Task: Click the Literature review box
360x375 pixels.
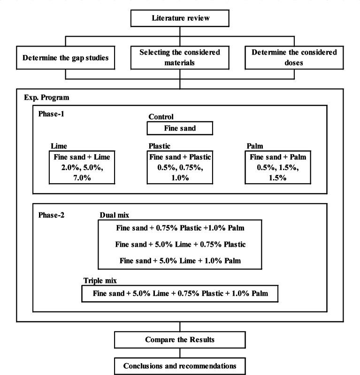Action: click(180, 19)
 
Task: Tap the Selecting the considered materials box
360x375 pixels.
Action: click(180, 59)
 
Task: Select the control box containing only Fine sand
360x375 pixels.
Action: click(180, 128)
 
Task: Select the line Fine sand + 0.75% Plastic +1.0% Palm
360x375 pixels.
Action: click(180, 229)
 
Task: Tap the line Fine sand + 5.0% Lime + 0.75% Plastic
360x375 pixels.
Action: click(180, 245)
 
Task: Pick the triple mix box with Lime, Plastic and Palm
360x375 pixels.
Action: click(180, 294)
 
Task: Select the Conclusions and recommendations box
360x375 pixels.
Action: click(180, 365)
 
